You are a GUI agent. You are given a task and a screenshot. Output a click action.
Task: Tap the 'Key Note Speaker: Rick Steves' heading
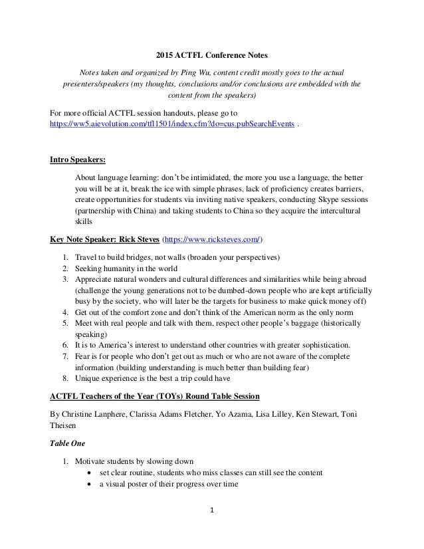point(110,240)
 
